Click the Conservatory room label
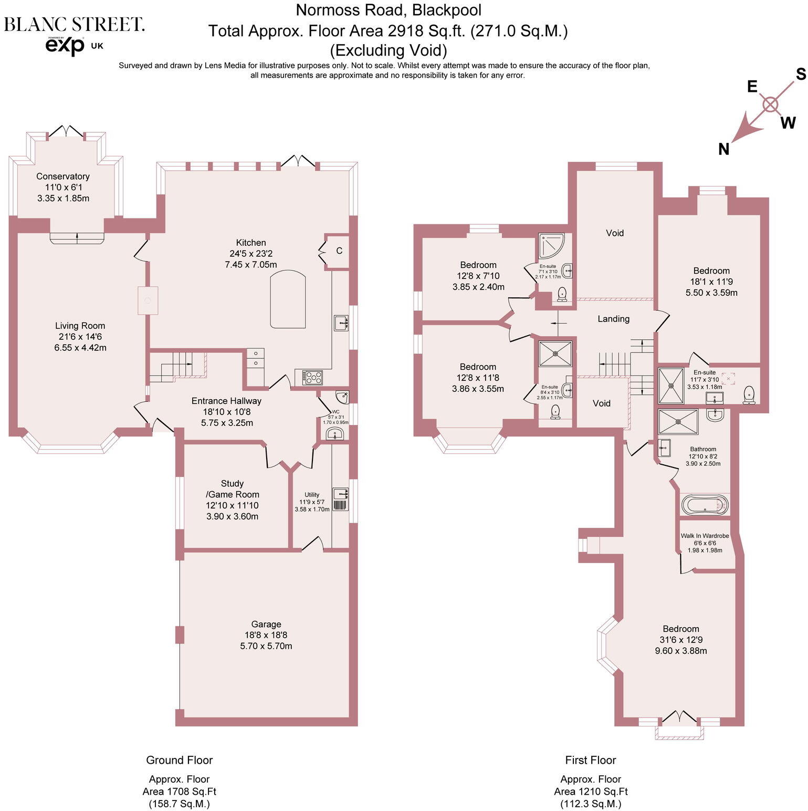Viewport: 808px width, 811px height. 62,176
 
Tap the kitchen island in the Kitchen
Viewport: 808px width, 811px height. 288,299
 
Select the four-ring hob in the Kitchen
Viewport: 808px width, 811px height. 313,377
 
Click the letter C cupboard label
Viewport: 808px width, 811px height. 339,251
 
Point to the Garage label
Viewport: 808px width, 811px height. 266,624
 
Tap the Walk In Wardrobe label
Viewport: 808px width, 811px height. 705,536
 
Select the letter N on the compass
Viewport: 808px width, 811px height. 724,150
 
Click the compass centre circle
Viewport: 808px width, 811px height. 770,105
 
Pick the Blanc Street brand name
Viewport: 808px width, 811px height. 74,25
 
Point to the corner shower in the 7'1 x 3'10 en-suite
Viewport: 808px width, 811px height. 551,245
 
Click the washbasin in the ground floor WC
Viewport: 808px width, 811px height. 334,434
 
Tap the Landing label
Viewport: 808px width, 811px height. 613,319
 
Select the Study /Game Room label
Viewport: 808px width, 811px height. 232,488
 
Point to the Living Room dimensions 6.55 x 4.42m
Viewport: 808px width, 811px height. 80,348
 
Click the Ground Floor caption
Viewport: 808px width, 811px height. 179,760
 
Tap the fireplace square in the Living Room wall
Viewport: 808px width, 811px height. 148,300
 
